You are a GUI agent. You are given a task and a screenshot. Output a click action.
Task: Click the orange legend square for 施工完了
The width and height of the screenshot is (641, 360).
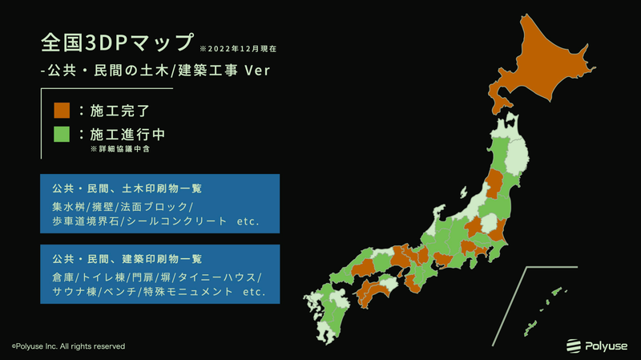[x=62, y=110]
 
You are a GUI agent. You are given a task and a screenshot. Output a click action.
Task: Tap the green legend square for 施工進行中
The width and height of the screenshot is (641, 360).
[x=62, y=134]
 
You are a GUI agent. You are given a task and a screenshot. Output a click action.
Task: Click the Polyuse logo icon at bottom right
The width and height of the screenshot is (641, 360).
[x=574, y=346]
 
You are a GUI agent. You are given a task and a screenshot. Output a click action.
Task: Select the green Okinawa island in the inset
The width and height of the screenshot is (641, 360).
[x=530, y=328]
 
